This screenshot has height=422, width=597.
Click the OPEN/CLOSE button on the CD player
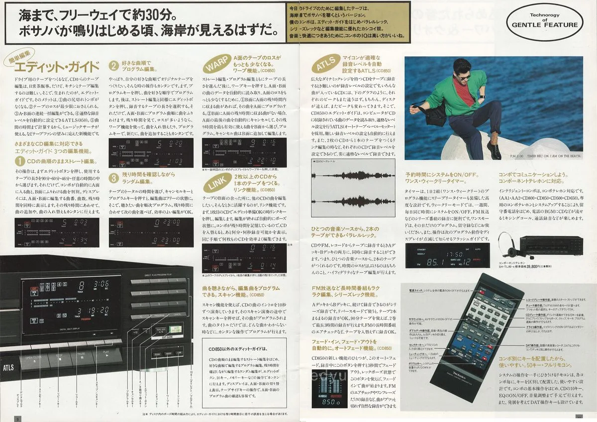(x=35, y=357)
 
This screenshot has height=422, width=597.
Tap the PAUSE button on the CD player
(x=83, y=354)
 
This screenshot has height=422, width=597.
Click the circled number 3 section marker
(x=113, y=177)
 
